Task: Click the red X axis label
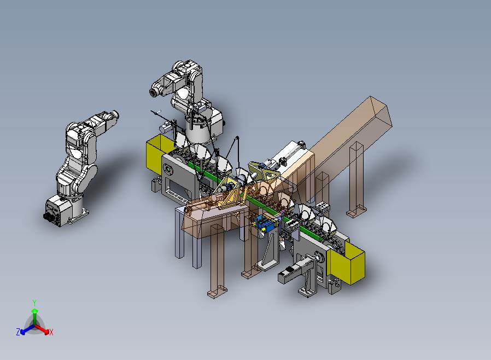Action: [51, 332]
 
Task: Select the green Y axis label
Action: [34, 303]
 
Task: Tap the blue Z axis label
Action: [18, 332]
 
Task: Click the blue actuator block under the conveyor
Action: [265, 224]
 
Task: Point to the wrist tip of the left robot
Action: [115, 114]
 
